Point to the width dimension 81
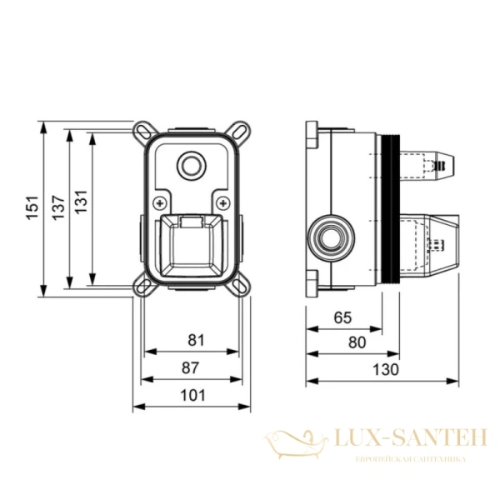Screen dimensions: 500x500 (195, 340)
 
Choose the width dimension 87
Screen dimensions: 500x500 (195, 367)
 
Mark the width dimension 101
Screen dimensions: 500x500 (193, 395)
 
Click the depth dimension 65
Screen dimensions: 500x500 (342, 317)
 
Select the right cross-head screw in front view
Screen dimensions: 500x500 (225, 202)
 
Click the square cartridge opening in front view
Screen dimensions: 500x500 (192, 246)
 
